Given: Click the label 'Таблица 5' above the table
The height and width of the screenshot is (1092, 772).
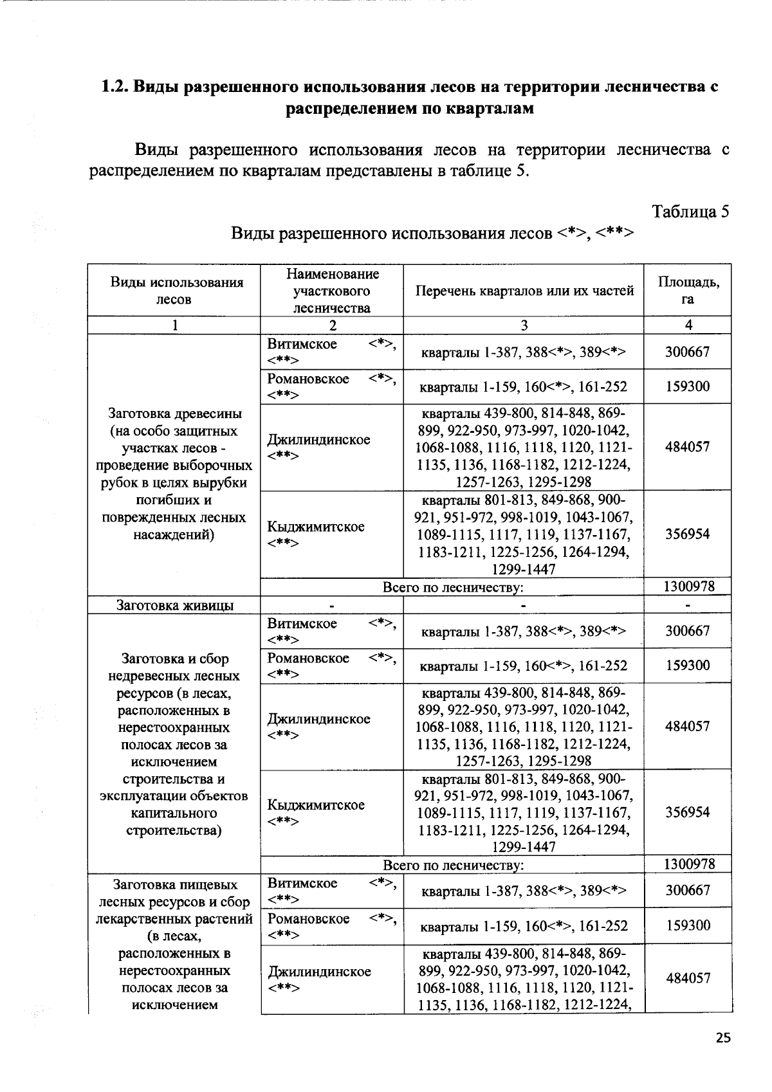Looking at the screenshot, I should click(x=690, y=212).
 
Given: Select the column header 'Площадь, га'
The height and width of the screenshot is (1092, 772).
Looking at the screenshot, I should click(x=688, y=291).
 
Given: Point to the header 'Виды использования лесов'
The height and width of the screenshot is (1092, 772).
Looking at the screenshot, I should click(x=174, y=291).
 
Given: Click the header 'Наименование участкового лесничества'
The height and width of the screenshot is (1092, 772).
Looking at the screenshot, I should click(x=331, y=291).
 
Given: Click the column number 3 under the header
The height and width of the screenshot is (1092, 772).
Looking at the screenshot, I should click(x=524, y=325).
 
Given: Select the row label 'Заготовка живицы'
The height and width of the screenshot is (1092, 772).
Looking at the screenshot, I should click(x=174, y=605).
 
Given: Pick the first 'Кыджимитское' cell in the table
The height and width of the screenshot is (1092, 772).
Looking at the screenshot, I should click(x=316, y=527).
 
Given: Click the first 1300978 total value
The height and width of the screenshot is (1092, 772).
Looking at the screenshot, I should click(x=688, y=587).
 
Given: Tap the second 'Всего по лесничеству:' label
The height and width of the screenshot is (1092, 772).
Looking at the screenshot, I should click(x=453, y=865).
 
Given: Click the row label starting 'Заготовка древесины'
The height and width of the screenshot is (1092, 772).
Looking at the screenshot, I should click(x=174, y=474).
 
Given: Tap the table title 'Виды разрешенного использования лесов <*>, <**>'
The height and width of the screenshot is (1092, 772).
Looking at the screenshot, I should click(x=432, y=233).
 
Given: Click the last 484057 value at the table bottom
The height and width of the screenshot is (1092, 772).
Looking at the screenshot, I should click(x=688, y=978).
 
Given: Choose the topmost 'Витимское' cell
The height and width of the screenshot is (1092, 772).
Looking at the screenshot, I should click(x=302, y=345).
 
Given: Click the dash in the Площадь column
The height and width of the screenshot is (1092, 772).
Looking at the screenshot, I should click(x=688, y=605).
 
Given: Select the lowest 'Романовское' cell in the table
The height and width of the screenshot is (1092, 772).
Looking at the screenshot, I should click(x=308, y=918).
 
